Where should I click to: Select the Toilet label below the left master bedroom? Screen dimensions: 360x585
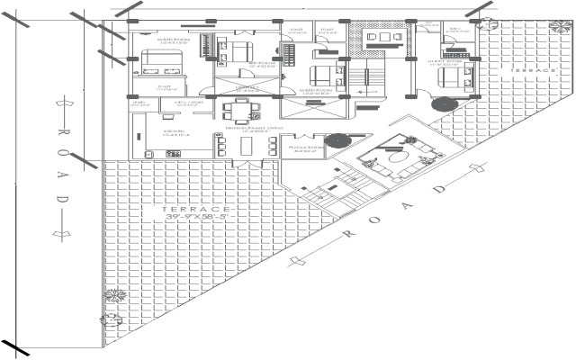click(165, 88)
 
